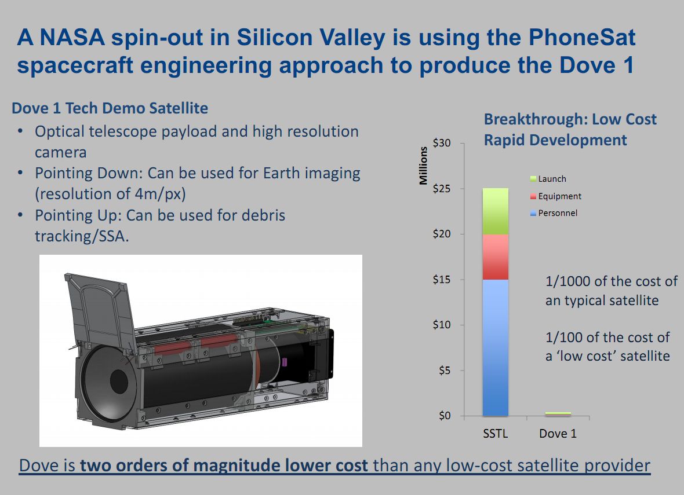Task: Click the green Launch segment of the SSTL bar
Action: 495,211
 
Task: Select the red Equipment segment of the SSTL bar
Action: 495,257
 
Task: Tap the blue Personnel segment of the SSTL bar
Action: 495,348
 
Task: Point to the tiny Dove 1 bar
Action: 558,414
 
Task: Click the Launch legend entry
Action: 548,179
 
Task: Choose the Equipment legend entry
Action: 556,196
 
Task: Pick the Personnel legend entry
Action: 554,213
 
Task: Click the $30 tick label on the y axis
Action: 442,143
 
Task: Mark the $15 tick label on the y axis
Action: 442,279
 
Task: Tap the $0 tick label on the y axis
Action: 445,416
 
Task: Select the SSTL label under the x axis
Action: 496,434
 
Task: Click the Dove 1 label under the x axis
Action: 558,434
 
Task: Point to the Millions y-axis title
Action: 423,166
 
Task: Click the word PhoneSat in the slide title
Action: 582,38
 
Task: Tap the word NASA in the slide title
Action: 72,38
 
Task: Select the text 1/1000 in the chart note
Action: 567,281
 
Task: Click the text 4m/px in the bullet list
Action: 160,194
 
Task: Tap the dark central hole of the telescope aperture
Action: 119,382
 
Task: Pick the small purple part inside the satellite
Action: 285,362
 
